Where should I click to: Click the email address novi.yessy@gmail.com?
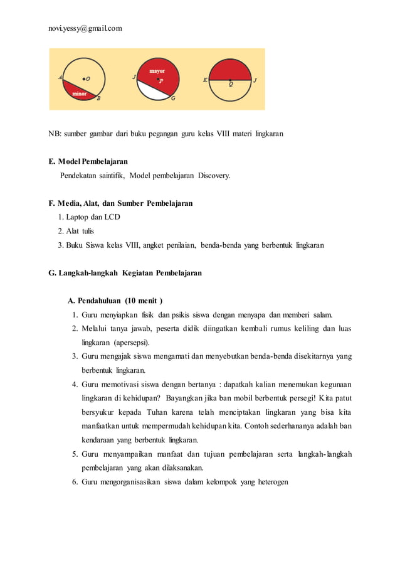(85, 28)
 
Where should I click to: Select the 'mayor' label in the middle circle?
(157, 72)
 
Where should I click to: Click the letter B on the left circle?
(98, 98)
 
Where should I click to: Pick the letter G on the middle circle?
(173, 98)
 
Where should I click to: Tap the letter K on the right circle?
(205, 80)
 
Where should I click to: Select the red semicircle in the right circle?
(230, 69)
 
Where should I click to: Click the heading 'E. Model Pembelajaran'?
(88, 162)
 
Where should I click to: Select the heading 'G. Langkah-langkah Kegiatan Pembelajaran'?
(125, 272)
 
